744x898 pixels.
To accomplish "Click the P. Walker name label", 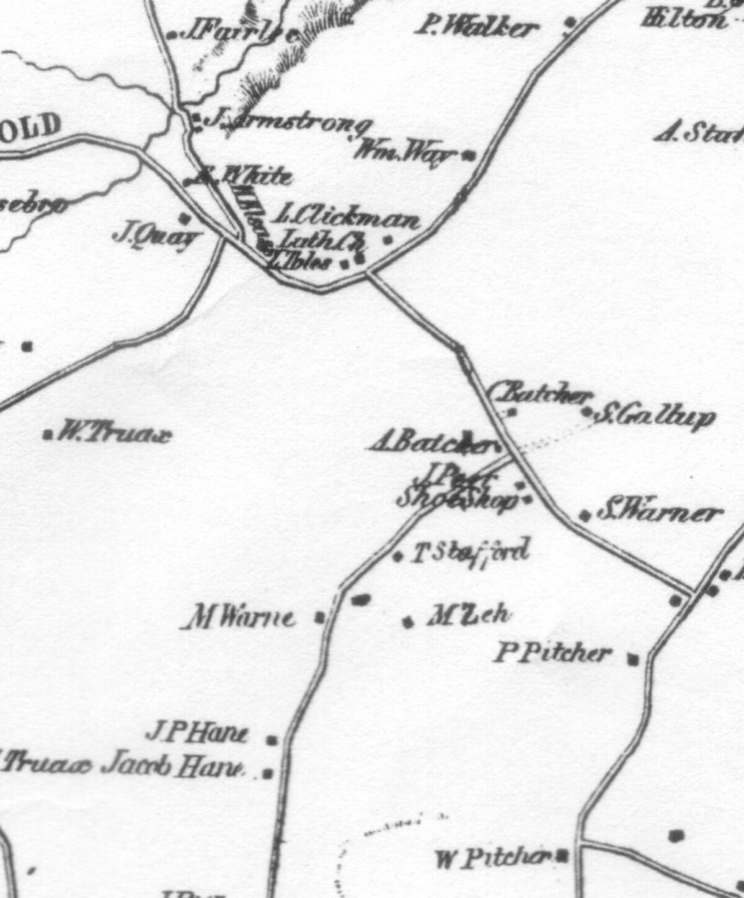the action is coord(477,27).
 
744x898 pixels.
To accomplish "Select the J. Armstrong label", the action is coord(288,122).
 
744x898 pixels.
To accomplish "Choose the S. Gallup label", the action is coord(655,417).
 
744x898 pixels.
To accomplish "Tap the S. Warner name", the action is coord(660,513).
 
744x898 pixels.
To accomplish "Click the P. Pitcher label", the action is coord(552,653).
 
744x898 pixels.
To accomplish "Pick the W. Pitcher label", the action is coord(493,858).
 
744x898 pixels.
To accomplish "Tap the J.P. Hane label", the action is coord(197,734).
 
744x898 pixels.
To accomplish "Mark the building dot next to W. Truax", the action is coord(48,434).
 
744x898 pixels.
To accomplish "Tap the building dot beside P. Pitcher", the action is coord(632,659).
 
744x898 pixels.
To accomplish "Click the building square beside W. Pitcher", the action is coord(562,857).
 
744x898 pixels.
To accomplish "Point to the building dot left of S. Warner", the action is coord(585,515).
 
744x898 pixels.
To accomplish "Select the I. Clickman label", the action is coord(347,218).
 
